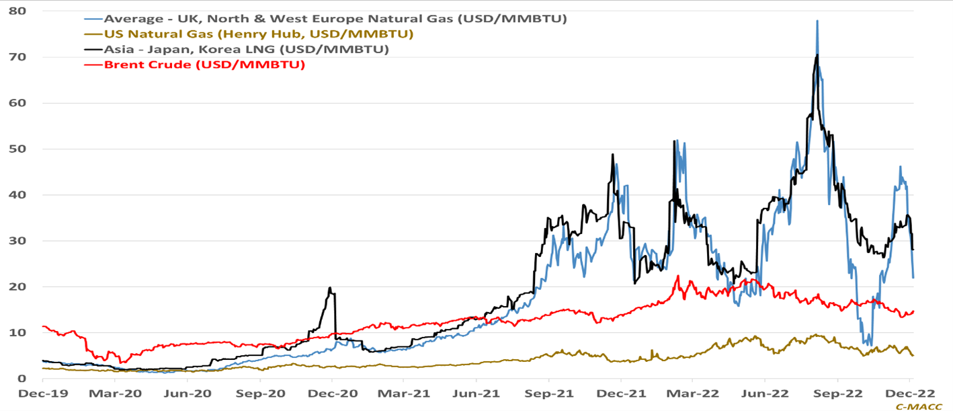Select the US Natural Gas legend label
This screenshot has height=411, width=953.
[258, 34]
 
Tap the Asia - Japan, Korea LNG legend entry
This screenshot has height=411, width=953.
[246, 49]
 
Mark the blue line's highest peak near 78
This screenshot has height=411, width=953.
[817, 21]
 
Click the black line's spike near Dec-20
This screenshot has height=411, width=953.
[330, 288]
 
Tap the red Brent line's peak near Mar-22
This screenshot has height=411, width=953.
[678, 276]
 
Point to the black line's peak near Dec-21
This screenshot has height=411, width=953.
[612, 155]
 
